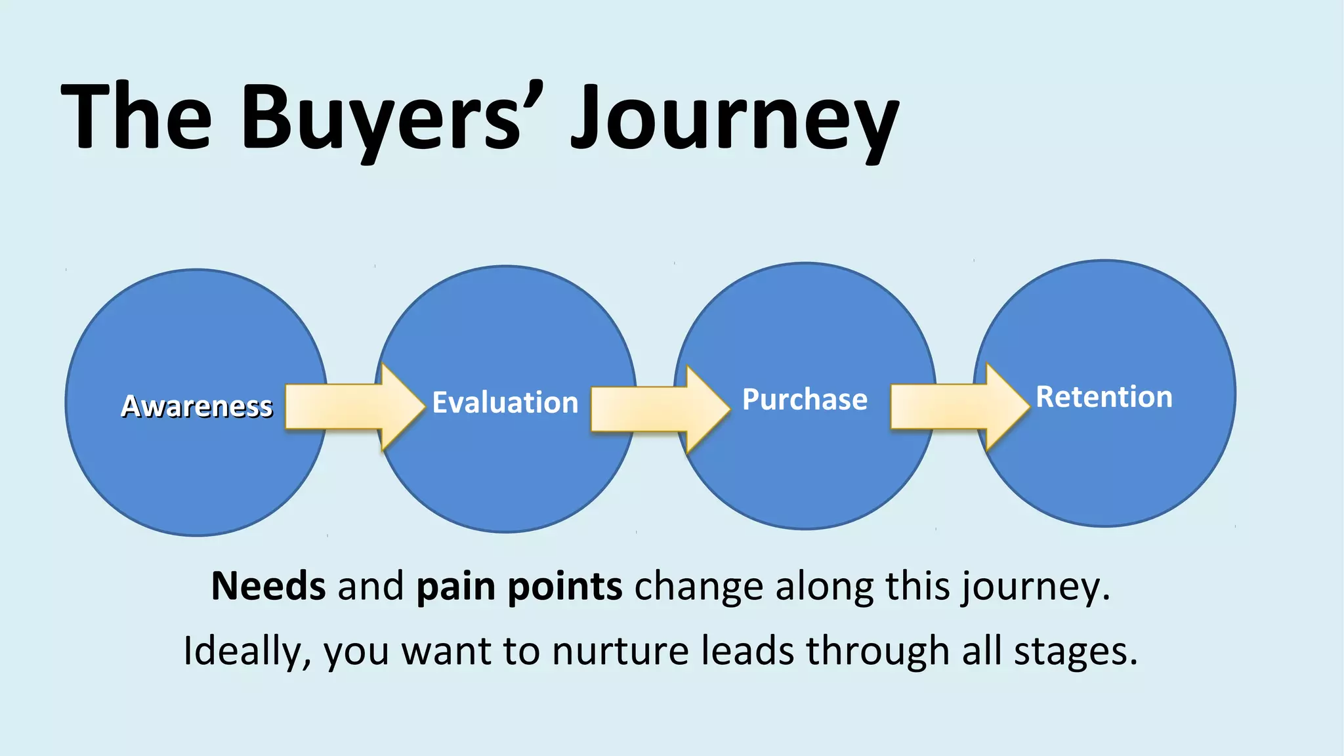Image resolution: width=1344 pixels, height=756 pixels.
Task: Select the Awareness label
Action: (x=196, y=406)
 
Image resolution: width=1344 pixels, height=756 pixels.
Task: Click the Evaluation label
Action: (x=505, y=402)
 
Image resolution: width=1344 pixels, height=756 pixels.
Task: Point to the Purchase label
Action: (x=805, y=399)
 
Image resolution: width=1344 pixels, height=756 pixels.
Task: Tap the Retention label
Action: (x=1104, y=396)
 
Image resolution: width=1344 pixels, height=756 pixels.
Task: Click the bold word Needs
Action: (x=268, y=586)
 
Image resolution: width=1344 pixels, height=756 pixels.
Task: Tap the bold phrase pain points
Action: (x=519, y=586)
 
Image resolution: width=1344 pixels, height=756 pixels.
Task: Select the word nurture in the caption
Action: (x=620, y=651)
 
